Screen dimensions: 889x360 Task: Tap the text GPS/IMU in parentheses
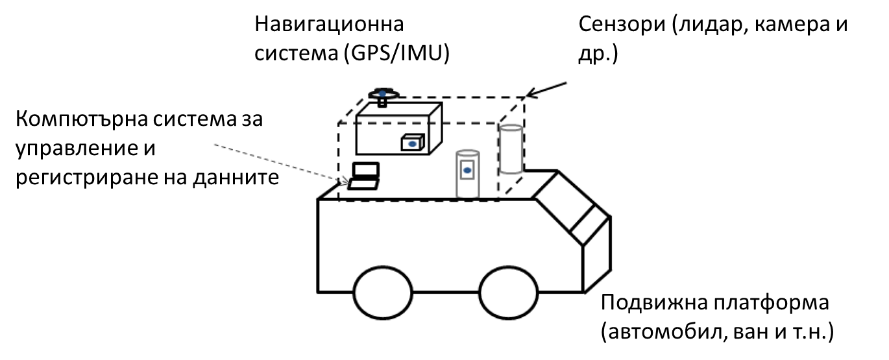pyautogui.click(x=396, y=53)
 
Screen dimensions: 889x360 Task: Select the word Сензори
pyautogui.click(x=622, y=24)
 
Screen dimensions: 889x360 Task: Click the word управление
pyautogui.click(x=69, y=149)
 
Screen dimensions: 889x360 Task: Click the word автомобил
pyautogui.click(x=666, y=332)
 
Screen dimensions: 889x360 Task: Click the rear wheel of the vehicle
pyautogui.click(x=383, y=293)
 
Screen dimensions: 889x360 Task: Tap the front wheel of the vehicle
pyautogui.click(x=508, y=293)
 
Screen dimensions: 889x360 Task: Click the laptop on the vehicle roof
pyautogui.click(x=364, y=176)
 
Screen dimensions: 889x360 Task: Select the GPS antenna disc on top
pyautogui.click(x=384, y=95)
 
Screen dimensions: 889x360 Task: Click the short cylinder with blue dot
pyautogui.click(x=467, y=174)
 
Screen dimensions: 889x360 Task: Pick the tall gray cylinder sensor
pyautogui.click(x=511, y=149)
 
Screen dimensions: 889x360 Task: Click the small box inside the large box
pyautogui.click(x=413, y=143)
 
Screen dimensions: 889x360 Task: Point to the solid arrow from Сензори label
pyautogui.click(x=546, y=90)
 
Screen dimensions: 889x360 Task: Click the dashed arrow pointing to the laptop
pyautogui.click(x=281, y=164)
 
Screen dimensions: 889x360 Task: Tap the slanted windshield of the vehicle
pyautogui.click(x=570, y=208)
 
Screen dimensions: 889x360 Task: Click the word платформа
pyautogui.click(x=772, y=302)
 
